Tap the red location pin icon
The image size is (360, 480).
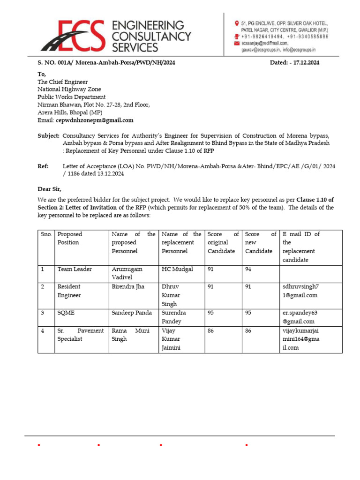[237, 23]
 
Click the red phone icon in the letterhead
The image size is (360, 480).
[237, 36]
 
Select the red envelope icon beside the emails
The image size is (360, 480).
[237, 43]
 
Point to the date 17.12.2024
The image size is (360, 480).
[304, 62]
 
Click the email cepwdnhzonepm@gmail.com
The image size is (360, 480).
[95, 120]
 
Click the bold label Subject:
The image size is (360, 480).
[48, 135]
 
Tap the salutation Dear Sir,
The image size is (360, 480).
[49, 189]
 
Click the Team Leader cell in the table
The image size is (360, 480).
[75, 269]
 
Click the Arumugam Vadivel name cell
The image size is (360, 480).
[127, 273]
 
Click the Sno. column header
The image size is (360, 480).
[46, 234]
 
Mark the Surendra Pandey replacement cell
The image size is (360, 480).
[174, 317]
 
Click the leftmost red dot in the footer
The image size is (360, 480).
[39, 445]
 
